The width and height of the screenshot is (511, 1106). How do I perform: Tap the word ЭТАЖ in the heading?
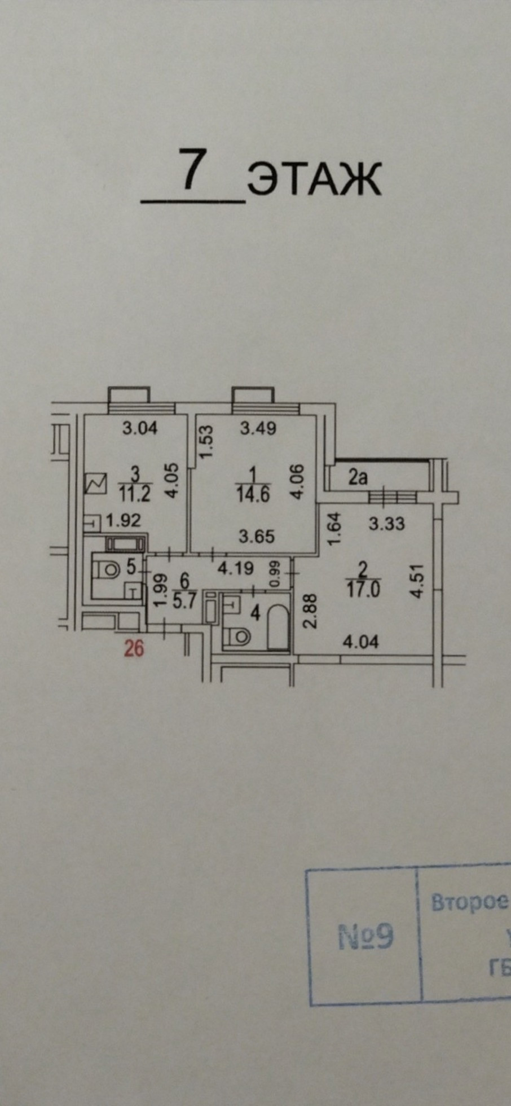point(314,179)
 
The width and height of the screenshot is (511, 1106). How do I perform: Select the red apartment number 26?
point(134,649)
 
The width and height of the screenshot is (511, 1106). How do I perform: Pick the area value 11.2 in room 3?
point(134,494)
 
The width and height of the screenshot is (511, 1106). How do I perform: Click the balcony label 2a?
point(358,479)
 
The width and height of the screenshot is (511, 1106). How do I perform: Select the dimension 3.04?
point(140,429)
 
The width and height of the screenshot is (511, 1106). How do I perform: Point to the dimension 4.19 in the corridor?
point(236,568)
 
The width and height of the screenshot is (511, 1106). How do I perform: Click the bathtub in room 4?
point(277,629)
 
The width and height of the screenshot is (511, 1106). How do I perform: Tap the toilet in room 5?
point(107,571)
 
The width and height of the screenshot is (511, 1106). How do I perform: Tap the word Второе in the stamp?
point(469,902)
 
